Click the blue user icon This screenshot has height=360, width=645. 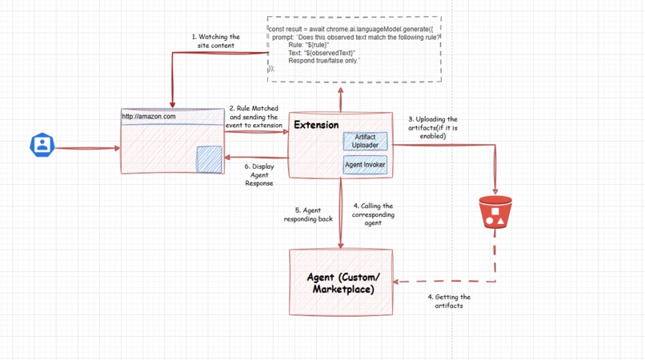click(42, 145)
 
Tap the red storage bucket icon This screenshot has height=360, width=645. click(495, 213)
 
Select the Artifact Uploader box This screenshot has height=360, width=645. click(365, 142)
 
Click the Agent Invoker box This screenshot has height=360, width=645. click(365, 165)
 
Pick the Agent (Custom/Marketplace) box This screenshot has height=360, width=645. click(341, 282)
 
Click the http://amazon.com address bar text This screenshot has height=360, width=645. click(149, 117)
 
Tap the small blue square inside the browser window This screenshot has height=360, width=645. click(210, 158)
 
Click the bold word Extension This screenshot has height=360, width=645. click(316, 125)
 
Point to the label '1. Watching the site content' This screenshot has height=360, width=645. click(215, 41)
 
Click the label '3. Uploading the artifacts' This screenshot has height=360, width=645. click(432, 127)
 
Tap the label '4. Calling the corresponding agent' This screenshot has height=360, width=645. click(373, 214)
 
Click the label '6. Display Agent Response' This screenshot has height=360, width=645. click(258, 174)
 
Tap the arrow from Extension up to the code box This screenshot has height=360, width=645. click(341, 99)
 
